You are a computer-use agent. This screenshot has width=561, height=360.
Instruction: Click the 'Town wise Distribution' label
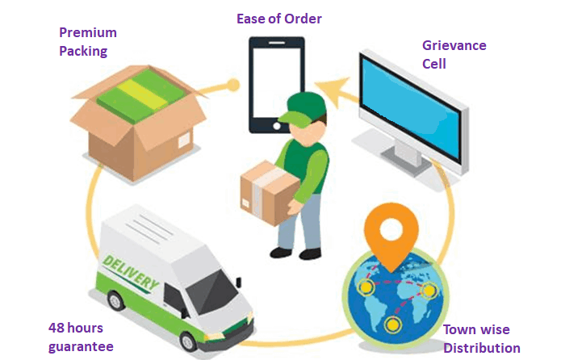(482, 339)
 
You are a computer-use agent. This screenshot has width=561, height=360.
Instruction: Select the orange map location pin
(385, 231)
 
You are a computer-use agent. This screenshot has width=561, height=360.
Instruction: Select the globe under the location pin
(391, 298)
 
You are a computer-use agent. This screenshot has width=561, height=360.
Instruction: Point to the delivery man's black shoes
(293, 252)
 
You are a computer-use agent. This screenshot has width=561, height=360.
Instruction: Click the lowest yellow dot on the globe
(392, 324)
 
